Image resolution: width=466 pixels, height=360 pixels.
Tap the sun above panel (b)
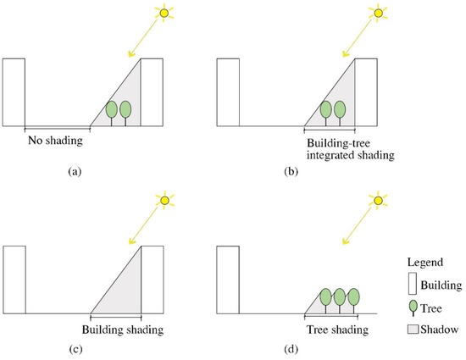[x=374, y=13]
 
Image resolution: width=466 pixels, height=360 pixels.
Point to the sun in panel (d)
[x=374, y=200]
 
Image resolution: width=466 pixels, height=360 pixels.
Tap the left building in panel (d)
[x=227, y=279]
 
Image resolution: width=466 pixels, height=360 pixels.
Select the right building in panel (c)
[x=152, y=279]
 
